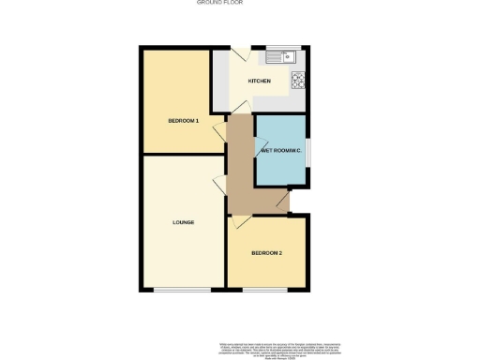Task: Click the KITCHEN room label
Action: tap(260, 82)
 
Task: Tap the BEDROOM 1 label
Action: tap(184, 121)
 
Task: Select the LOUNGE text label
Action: tap(184, 222)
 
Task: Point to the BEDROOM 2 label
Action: tap(266, 253)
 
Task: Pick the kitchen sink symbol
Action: tap(282, 59)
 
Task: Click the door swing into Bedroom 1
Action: tap(219, 129)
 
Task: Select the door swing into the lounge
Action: tap(219, 182)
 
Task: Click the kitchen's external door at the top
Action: tap(239, 54)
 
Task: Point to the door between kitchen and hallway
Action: tap(239, 109)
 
